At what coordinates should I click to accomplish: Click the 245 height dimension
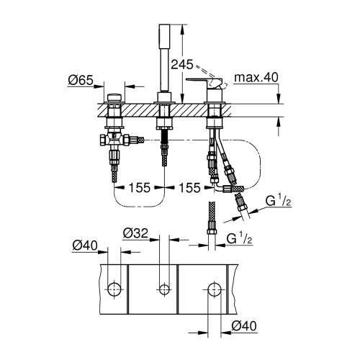[x=182, y=64]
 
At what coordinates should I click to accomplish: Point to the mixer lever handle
[x=204, y=76]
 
